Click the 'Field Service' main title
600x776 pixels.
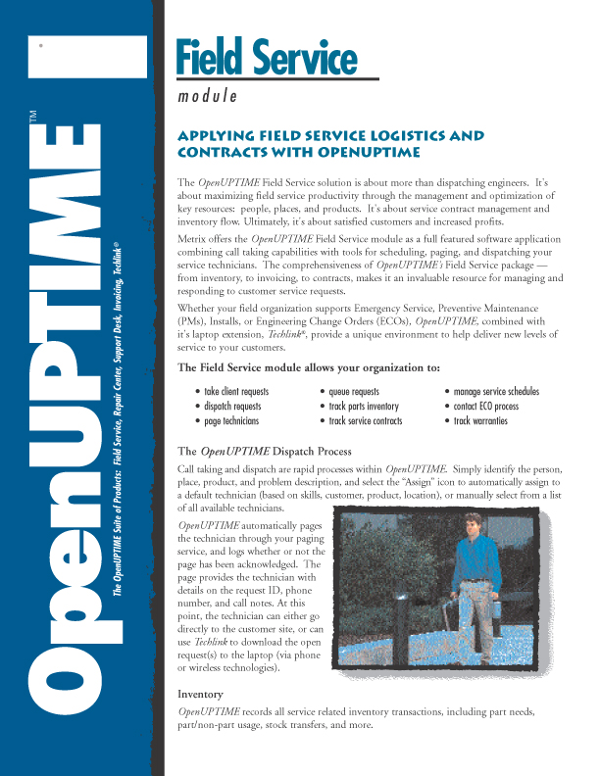click(x=267, y=59)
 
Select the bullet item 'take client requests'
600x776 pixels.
click(x=235, y=392)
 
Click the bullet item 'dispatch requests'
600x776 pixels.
click(x=232, y=407)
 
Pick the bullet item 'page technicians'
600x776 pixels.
click(x=230, y=421)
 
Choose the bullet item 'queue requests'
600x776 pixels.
click(x=354, y=392)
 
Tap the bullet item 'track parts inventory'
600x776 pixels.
click(x=363, y=407)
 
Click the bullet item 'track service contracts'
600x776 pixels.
click(x=366, y=421)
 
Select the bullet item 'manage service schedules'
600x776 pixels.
click(x=496, y=392)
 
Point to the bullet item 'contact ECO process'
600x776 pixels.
click(x=485, y=407)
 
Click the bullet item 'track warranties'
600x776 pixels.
click(x=480, y=421)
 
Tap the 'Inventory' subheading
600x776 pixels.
click(x=200, y=694)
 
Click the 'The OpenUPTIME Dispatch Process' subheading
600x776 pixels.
click(x=264, y=452)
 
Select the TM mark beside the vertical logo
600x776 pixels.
click(x=33, y=118)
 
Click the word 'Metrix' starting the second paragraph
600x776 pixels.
click(x=194, y=238)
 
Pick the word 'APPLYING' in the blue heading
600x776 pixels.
click(x=212, y=136)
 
